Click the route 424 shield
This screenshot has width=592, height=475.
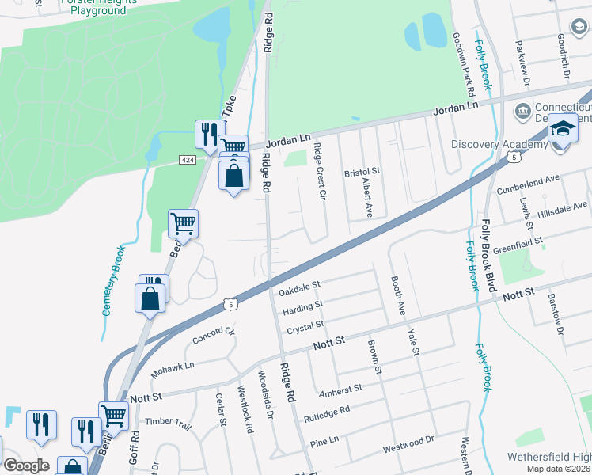188,160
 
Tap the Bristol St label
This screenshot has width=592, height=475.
362,171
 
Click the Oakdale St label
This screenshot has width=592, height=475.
299,287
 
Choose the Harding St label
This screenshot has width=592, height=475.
302,306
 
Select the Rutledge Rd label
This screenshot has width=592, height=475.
327,412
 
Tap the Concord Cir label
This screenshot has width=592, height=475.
214,336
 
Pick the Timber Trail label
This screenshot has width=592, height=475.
169,424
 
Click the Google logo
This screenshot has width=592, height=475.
26,465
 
